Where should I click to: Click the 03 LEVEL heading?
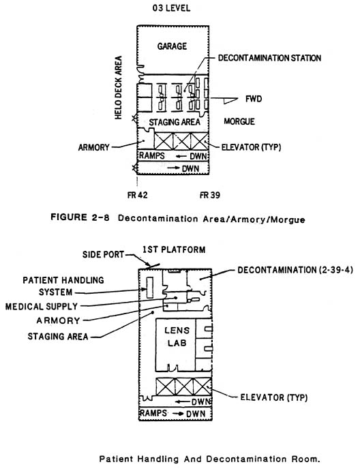pyautogui.click(x=171, y=8)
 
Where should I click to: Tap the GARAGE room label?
pyautogui.click(x=172, y=46)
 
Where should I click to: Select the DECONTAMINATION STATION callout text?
pyautogui.click(x=269, y=58)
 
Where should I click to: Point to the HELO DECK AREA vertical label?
pyautogui.click(x=119, y=87)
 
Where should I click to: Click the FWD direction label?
pyautogui.click(x=254, y=99)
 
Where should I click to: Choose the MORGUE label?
pyautogui.click(x=239, y=121)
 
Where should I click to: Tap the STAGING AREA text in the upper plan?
pyautogui.click(x=175, y=122)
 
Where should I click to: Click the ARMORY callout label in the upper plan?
pyautogui.click(x=94, y=147)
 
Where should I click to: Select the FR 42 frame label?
pyautogui.click(x=137, y=195)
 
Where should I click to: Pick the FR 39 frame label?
pyautogui.click(x=210, y=195)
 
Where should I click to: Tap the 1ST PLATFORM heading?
pyautogui.click(x=174, y=249)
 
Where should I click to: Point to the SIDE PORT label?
pyautogui.click(x=103, y=255)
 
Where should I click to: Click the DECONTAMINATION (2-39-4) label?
pyautogui.click(x=295, y=270)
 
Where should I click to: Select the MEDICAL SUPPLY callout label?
pyautogui.click(x=42, y=307)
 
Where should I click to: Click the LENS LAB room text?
pyautogui.click(x=177, y=337)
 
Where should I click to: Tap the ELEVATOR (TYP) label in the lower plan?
pyautogui.click(x=274, y=397)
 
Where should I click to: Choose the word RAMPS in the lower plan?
pyautogui.click(x=153, y=413)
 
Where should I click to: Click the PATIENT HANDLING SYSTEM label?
pyautogui.click(x=63, y=286)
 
